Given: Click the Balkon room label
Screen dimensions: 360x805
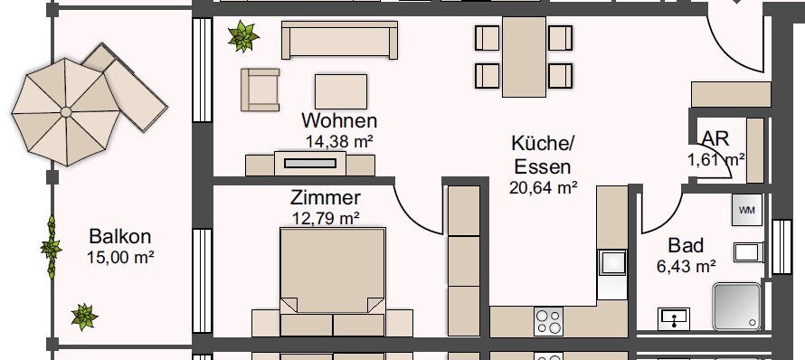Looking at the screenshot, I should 120,237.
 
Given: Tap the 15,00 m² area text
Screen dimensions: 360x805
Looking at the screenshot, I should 120,257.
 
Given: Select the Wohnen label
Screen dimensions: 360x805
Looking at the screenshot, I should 339,121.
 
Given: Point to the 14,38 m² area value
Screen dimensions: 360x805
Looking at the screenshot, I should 340,141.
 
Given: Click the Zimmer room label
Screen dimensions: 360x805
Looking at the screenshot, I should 326,197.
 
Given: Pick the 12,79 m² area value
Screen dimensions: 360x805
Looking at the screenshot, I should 326,217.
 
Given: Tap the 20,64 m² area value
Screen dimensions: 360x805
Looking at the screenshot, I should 544,188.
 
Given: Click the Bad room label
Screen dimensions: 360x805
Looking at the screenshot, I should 685,245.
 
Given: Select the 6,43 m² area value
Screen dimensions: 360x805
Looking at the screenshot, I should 686,266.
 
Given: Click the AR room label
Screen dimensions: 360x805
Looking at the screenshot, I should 715,138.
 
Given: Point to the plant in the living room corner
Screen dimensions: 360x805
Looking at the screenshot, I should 242,37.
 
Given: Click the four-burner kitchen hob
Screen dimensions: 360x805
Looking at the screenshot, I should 549,320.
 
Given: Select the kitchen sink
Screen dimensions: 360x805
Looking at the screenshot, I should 611,261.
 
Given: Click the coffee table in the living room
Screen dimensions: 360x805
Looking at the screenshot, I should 340,90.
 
